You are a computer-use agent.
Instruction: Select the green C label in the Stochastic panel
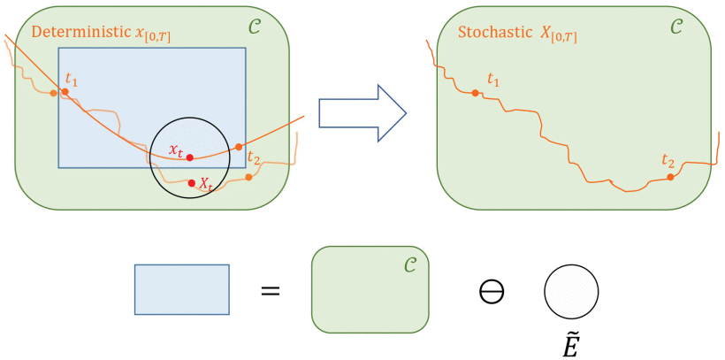click(675, 28)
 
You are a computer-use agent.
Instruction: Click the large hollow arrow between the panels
click(362, 113)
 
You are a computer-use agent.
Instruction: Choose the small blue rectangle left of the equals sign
click(181, 289)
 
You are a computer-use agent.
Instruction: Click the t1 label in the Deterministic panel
click(72, 80)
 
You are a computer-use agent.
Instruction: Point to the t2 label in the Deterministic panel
click(255, 158)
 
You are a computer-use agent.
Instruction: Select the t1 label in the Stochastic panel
click(493, 81)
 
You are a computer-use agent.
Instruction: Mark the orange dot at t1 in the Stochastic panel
click(476, 93)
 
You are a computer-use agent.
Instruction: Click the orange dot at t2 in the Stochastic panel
click(670, 177)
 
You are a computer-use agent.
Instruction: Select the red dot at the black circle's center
click(189, 157)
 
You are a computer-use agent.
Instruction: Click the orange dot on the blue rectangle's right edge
click(239, 147)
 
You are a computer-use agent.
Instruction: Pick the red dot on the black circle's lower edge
click(192, 183)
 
